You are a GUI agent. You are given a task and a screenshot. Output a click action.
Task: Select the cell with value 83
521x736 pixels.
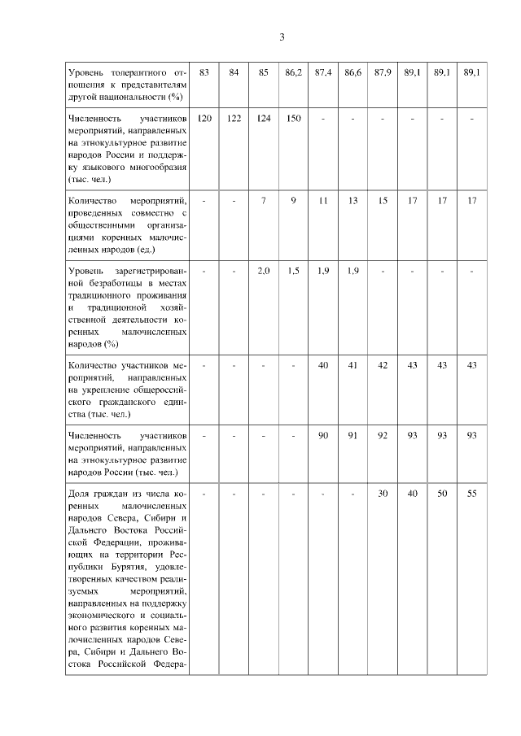tap(204, 72)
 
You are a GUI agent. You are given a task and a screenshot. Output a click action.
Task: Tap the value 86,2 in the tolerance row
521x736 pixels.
tap(294, 72)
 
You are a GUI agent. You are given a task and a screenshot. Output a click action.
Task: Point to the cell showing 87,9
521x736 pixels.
tap(383, 72)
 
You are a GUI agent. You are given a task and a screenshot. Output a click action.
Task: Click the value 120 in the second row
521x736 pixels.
tap(204, 119)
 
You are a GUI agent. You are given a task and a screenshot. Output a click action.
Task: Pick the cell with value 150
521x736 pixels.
tap(294, 119)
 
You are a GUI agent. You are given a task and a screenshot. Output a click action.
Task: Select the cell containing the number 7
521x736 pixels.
tap(264, 200)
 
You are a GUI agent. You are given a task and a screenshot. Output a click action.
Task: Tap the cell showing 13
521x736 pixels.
tap(352, 200)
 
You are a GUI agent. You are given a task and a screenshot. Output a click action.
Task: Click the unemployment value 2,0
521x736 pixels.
tap(264, 271)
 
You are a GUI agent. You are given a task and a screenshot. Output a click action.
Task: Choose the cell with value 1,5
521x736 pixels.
tap(294, 271)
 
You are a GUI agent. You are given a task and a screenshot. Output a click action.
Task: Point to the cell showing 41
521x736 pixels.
tap(352, 365)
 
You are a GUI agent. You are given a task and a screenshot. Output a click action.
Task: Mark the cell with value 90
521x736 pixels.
tap(323, 436)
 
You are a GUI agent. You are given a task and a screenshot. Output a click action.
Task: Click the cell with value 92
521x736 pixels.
tap(383, 436)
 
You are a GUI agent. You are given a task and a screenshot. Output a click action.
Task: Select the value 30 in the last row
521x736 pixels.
tap(383, 494)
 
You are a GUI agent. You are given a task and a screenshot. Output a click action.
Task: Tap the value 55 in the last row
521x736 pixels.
tap(471, 494)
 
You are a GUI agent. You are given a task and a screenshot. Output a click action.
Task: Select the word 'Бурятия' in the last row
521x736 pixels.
tap(101, 566)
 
